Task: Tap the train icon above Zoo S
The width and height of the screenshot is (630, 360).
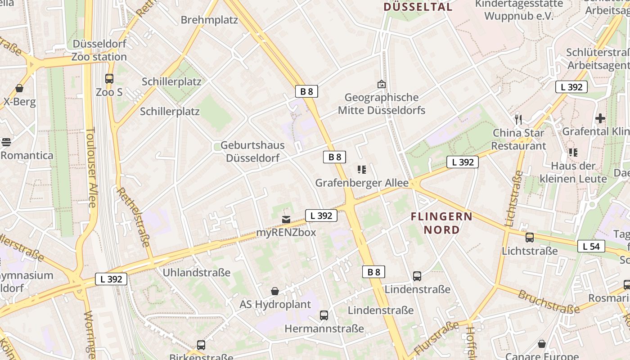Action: [x=109, y=79]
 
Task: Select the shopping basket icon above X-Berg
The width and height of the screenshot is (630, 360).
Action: [x=19, y=88]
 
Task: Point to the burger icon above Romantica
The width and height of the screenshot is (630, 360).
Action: [x=6, y=142]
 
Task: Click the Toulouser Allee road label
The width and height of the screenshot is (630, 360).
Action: [x=91, y=167]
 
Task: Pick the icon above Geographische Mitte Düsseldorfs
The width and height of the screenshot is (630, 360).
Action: [x=381, y=84]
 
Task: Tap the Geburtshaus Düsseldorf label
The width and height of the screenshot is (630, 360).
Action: [x=252, y=152]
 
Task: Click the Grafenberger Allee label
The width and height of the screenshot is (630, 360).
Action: [x=362, y=183]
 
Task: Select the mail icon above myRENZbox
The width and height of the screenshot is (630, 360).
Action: [x=286, y=220]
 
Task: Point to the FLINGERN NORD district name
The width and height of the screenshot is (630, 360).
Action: [x=441, y=223]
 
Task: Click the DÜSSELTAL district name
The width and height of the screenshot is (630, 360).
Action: [x=418, y=7]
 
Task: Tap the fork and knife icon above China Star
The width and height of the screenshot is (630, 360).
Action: [x=518, y=119]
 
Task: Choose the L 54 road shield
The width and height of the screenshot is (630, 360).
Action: [x=591, y=246]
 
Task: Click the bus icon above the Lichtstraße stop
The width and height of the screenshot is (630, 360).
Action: [x=530, y=238]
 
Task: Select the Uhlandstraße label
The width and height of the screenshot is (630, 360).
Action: [x=196, y=273]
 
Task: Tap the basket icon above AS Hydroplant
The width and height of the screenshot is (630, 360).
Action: [x=275, y=291]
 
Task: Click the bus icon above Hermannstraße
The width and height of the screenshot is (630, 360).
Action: [x=324, y=315]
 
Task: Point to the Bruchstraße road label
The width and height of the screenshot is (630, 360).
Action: [x=549, y=302]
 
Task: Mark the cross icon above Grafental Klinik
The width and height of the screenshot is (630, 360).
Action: [x=600, y=118]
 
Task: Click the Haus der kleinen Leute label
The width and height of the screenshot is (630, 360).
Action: [x=579, y=172]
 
